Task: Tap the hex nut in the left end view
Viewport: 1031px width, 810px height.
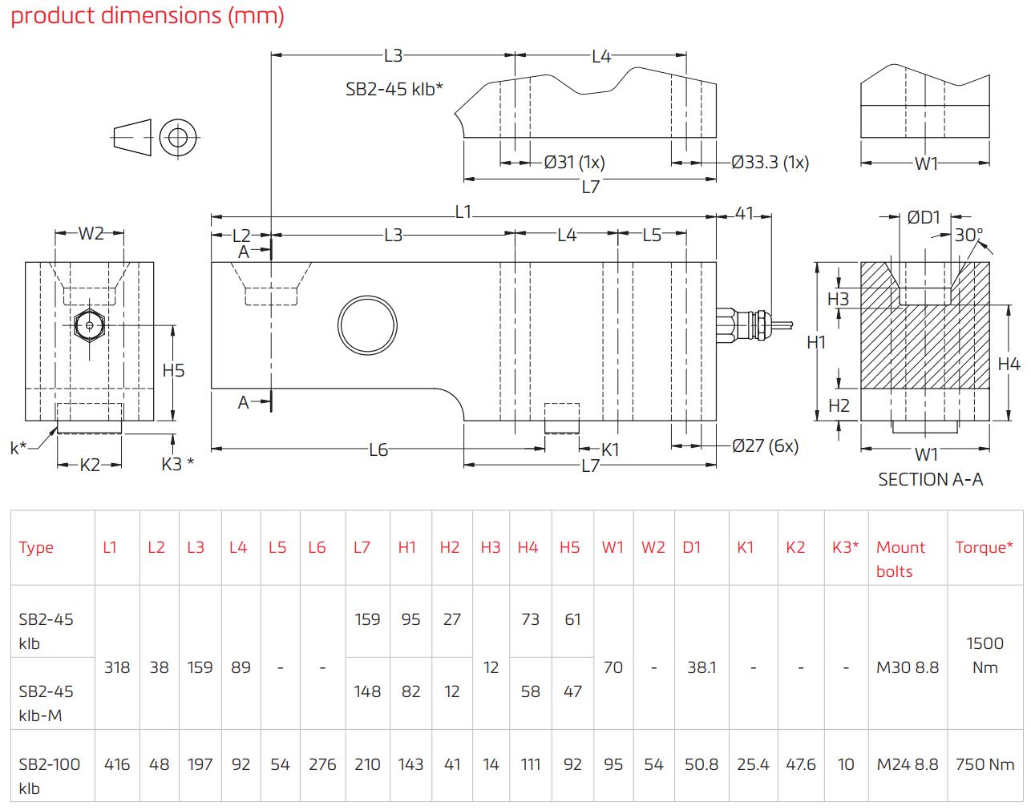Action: tap(88, 324)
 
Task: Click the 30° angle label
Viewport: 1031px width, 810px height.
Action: tap(968, 235)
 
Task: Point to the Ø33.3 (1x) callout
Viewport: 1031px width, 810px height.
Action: tap(770, 163)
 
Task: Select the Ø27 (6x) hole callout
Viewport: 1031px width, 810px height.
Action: tap(765, 445)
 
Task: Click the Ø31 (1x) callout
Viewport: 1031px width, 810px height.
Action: tap(574, 163)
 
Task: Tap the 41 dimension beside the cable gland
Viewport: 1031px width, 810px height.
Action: tap(745, 214)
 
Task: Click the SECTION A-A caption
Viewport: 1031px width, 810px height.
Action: tap(930, 479)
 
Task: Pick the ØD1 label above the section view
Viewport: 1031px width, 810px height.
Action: tap(924, 217)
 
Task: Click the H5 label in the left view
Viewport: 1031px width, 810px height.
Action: tap(173, 370)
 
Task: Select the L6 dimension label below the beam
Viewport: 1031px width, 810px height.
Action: tap(378, 450)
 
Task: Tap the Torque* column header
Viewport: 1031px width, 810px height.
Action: tap(984, 547)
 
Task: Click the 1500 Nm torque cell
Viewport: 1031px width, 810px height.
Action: tap(985, 655)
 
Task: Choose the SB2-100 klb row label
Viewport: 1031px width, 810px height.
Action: tap(50, 776)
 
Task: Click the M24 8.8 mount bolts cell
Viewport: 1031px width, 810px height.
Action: tap(907, 764)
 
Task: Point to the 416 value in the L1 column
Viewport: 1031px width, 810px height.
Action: tap(117, 764)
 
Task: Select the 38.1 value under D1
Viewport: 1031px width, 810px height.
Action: tap(701, 667)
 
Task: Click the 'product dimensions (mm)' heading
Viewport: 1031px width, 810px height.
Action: tap(148, 16)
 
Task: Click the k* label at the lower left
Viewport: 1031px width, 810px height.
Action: tap(18, 448)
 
